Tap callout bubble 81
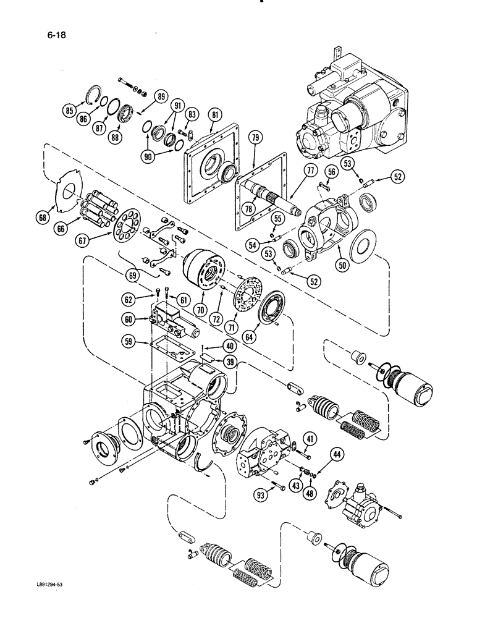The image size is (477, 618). [215, 114]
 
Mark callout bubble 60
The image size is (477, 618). [128, 319]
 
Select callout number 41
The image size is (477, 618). [310, 440]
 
